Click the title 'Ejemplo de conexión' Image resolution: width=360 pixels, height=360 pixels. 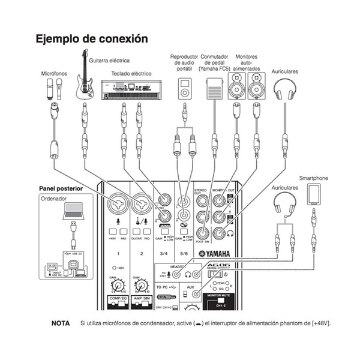pos(91,39)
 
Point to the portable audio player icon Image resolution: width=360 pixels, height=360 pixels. pos(184,89)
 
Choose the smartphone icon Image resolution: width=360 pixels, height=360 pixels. pos(313,194)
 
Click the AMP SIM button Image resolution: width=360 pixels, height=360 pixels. pos(142,298)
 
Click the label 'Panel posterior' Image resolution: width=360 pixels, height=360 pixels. pos(61,188)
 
